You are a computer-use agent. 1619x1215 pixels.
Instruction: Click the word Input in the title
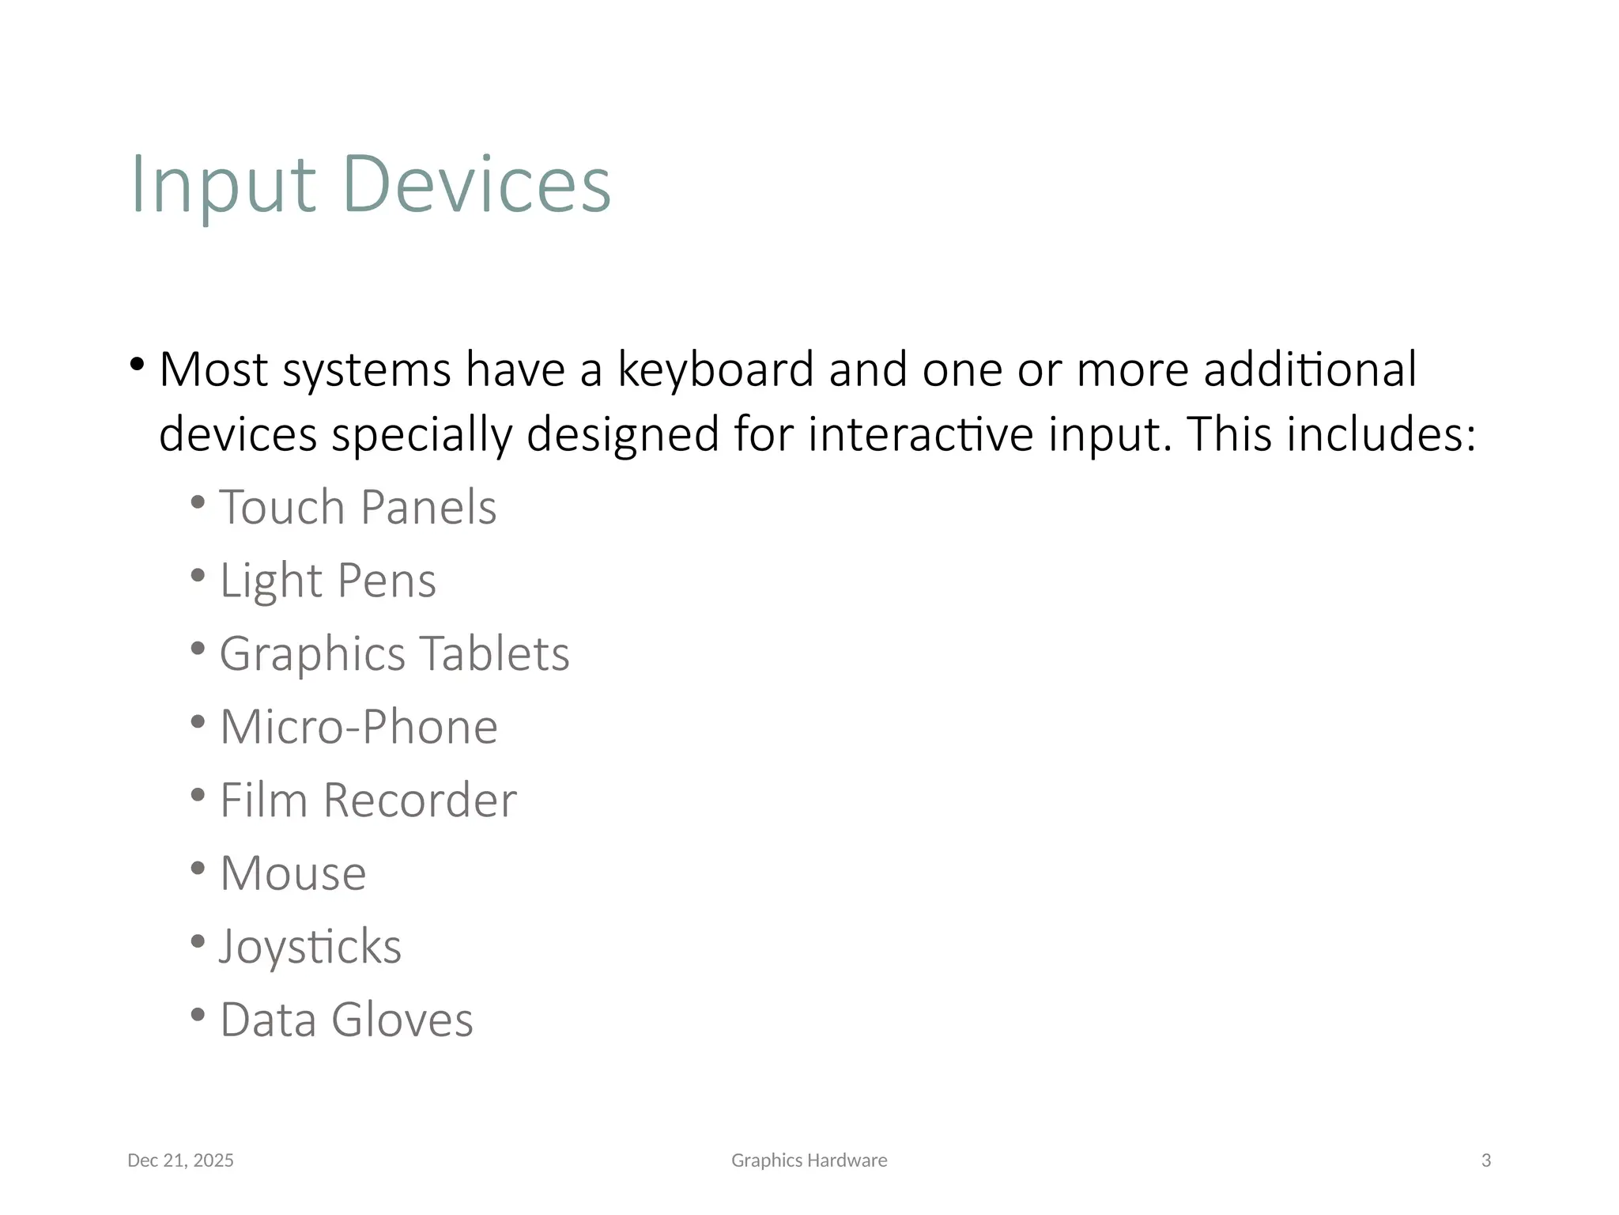223,185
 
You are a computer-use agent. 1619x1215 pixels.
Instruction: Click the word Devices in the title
477,185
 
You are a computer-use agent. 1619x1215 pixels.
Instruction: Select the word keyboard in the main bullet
715,370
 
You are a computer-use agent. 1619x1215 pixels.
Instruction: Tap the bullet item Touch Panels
357,507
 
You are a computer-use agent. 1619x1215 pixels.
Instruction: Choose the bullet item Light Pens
327,581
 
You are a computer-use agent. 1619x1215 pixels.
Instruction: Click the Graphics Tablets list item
394,654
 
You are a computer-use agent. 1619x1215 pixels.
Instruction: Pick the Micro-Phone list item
358,727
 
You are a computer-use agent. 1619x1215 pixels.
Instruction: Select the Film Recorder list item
368,801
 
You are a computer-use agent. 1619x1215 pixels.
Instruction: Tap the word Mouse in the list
292,874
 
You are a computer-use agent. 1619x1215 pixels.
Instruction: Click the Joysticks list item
310,947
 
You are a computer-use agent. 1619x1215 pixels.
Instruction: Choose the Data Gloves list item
346,1020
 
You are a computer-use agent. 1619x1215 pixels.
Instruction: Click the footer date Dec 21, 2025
180,1160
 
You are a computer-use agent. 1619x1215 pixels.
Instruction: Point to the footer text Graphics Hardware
809,1160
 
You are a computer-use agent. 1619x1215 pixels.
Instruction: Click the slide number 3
1485,1160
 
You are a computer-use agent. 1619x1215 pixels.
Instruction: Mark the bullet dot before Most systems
138,365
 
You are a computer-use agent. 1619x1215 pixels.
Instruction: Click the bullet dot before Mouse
198,868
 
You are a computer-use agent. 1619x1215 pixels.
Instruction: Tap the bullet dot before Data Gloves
198,1014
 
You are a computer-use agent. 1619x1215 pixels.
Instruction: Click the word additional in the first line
1310,370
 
